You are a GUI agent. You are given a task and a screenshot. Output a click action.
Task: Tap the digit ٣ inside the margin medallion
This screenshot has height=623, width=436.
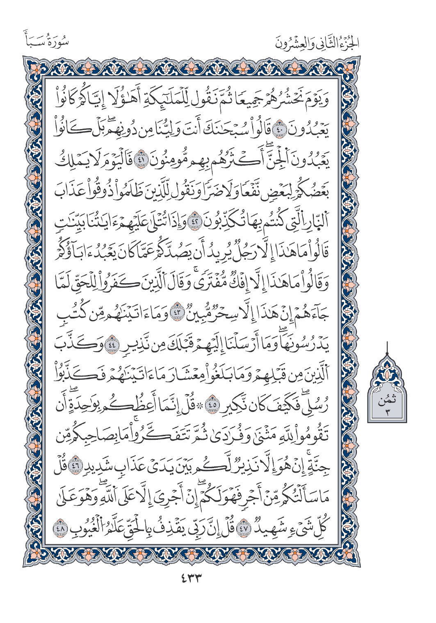[387, 412]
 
